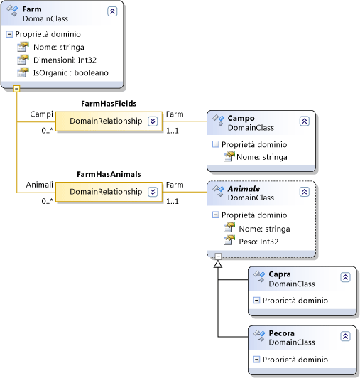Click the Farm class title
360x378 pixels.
(x=32, y=9)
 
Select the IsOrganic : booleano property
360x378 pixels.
(x=70, y=72)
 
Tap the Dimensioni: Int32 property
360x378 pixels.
(x=68, y=60)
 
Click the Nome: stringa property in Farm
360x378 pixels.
(x=58, y=47)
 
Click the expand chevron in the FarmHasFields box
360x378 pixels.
(x=153, y=121)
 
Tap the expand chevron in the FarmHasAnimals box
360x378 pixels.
(x=153, y=192)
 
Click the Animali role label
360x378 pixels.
(x=40, y=184)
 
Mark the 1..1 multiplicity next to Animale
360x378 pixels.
(x=173, y=201)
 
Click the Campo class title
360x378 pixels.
(x=241, y=118)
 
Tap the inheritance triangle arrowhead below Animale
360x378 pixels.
(x=218, y=264)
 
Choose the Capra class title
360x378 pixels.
(x=280, y=274)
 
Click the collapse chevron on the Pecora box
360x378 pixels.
(x=345, y=336)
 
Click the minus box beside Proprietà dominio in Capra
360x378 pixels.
(x=257, y=301)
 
